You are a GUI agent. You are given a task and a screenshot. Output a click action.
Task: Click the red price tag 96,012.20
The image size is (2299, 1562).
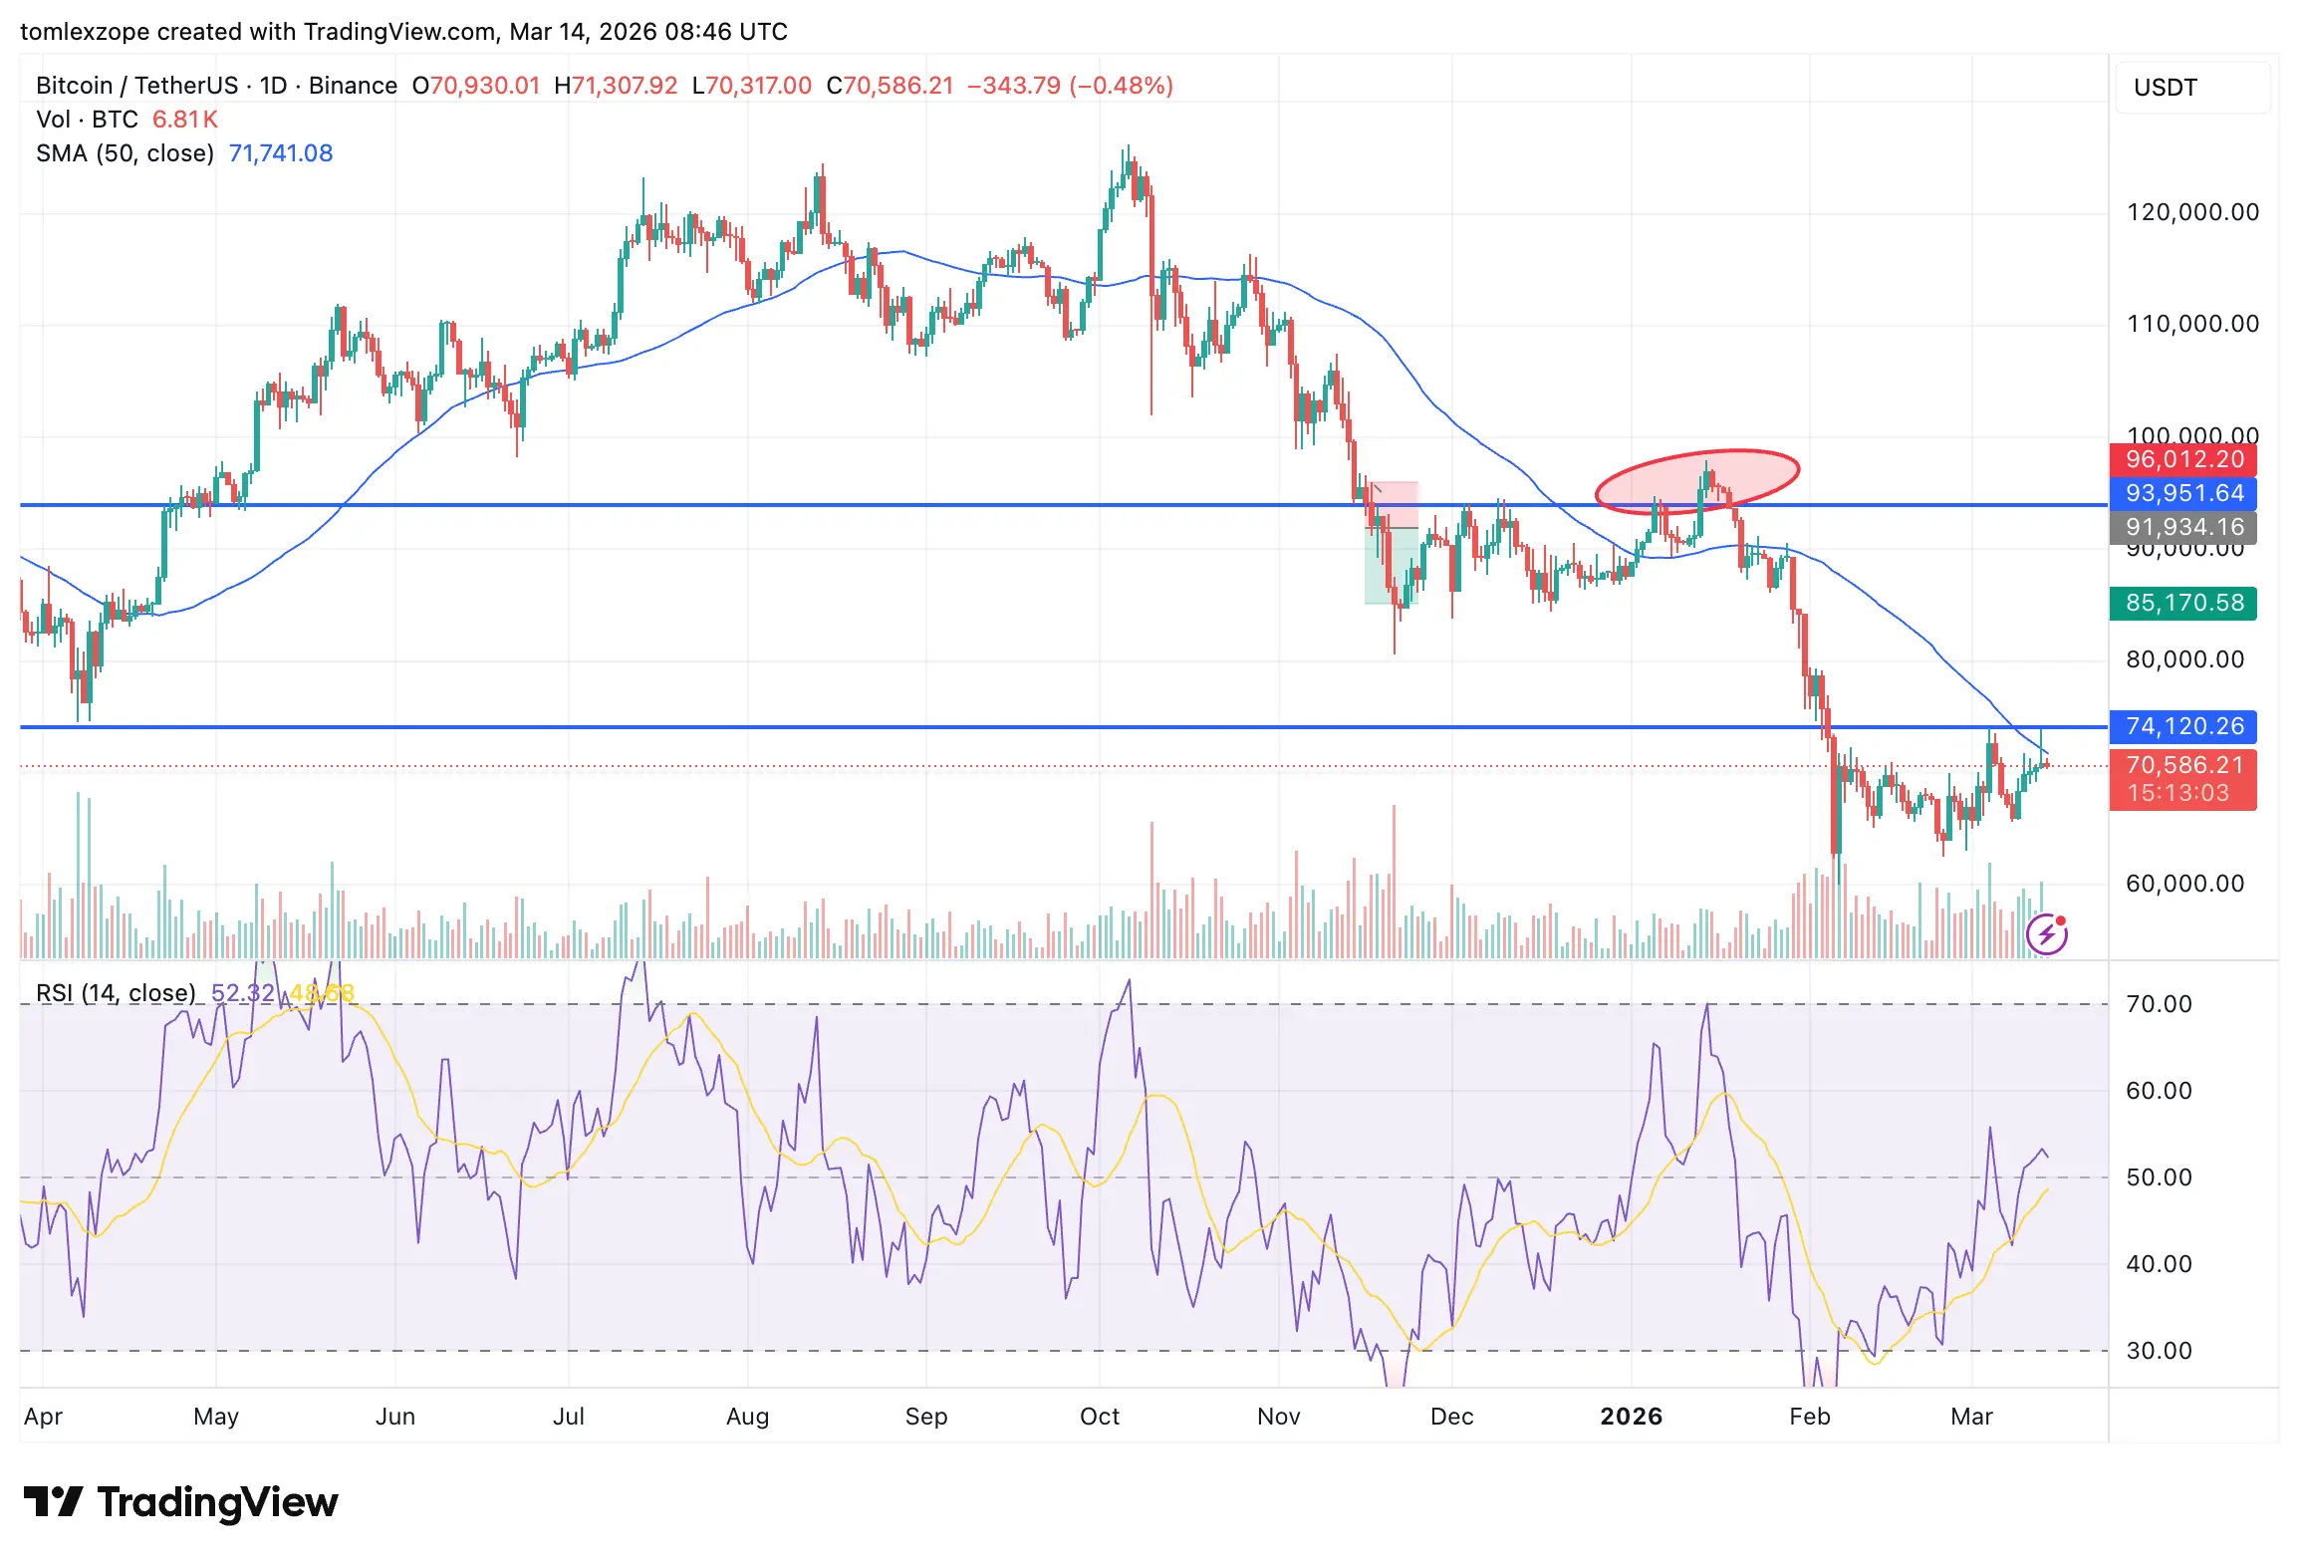2182,459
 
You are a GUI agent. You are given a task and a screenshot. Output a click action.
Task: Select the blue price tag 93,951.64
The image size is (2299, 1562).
2182,493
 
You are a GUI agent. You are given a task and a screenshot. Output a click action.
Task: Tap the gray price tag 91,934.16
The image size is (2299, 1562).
2182,527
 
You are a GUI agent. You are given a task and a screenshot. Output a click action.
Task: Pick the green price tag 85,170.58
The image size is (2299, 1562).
2182,603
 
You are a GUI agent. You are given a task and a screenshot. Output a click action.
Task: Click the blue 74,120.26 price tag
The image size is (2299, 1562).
2182,726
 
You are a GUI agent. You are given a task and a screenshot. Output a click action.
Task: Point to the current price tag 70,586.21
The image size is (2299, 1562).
2182,765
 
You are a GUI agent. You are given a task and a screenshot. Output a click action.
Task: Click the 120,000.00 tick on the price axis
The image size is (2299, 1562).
2191,212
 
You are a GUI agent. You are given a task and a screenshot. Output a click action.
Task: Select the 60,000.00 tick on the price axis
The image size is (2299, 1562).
2184,884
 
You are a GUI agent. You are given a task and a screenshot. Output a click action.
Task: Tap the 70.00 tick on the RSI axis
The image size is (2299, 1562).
2159,1004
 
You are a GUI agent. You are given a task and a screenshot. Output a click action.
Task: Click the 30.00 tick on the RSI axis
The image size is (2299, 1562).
2159,1351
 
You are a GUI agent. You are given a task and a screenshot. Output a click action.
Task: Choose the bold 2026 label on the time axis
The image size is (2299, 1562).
1631,1417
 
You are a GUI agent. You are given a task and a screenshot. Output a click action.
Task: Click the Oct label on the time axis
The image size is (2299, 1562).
1099,1417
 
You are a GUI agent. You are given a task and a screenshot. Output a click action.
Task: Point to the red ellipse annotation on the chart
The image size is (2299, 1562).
1697,481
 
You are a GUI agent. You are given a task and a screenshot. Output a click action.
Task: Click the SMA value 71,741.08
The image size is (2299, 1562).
280,153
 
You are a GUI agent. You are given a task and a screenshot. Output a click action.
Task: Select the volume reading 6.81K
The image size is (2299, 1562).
184,120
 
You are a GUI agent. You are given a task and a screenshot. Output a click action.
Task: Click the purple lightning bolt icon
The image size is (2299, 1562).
2047,933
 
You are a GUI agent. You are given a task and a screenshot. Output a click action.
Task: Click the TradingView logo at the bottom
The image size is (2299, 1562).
180,1502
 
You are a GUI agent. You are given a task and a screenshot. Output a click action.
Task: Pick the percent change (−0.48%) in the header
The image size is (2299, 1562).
1121,86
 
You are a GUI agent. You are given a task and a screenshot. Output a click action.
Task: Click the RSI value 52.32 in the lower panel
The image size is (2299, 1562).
242,993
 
